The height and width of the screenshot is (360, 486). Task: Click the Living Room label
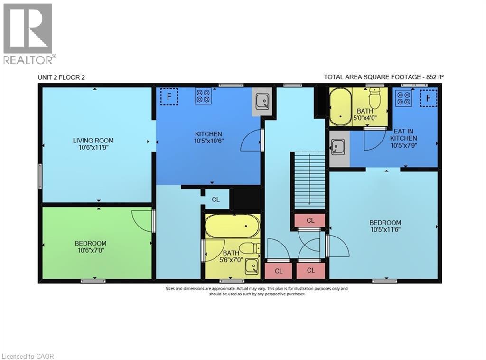click(93, 140)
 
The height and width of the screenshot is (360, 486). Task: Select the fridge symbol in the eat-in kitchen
click(428, 98)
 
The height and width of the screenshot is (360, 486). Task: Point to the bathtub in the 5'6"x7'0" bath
click(233, 225)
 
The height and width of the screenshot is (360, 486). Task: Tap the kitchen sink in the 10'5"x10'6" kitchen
click(262, 101)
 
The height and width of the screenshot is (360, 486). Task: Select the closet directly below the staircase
click(310, 220)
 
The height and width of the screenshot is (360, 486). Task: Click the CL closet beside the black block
click(215, 199)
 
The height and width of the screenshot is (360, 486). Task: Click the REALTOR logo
click(28, 33)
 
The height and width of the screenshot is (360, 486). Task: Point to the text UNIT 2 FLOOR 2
click(61, 77)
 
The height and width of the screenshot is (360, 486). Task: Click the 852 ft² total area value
click(435, 76)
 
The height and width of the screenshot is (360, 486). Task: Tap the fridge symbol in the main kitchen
click(168, 97)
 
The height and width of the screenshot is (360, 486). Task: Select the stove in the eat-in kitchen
click(403, 98)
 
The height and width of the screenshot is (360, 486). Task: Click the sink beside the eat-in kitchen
click(338, 147)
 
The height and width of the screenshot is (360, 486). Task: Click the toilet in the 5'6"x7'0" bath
click(249, 248)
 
